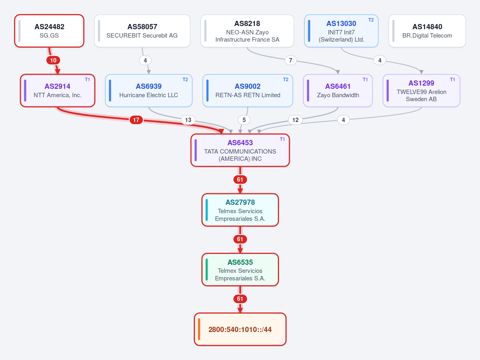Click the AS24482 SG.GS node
[49, 31]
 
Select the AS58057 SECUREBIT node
[142, 31]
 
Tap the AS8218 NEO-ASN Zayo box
[247, 31]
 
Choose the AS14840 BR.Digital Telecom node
[427, 31]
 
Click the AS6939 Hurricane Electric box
[149, 90]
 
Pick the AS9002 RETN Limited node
[248, 90]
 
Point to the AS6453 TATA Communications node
[240, 150]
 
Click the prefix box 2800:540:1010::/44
[240, 329]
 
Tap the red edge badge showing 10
[53, 60]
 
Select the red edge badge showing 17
[136, 120]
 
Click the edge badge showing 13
[188, 120]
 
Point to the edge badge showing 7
[291, 60]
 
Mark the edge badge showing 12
[295, 120]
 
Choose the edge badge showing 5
[244, 120]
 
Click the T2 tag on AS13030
[371, 20]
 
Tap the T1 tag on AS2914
[87, 80]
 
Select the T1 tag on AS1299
[452, 80]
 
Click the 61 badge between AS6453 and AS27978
[240, 180]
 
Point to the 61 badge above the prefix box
[240, 299]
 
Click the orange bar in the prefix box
[199, 329]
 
